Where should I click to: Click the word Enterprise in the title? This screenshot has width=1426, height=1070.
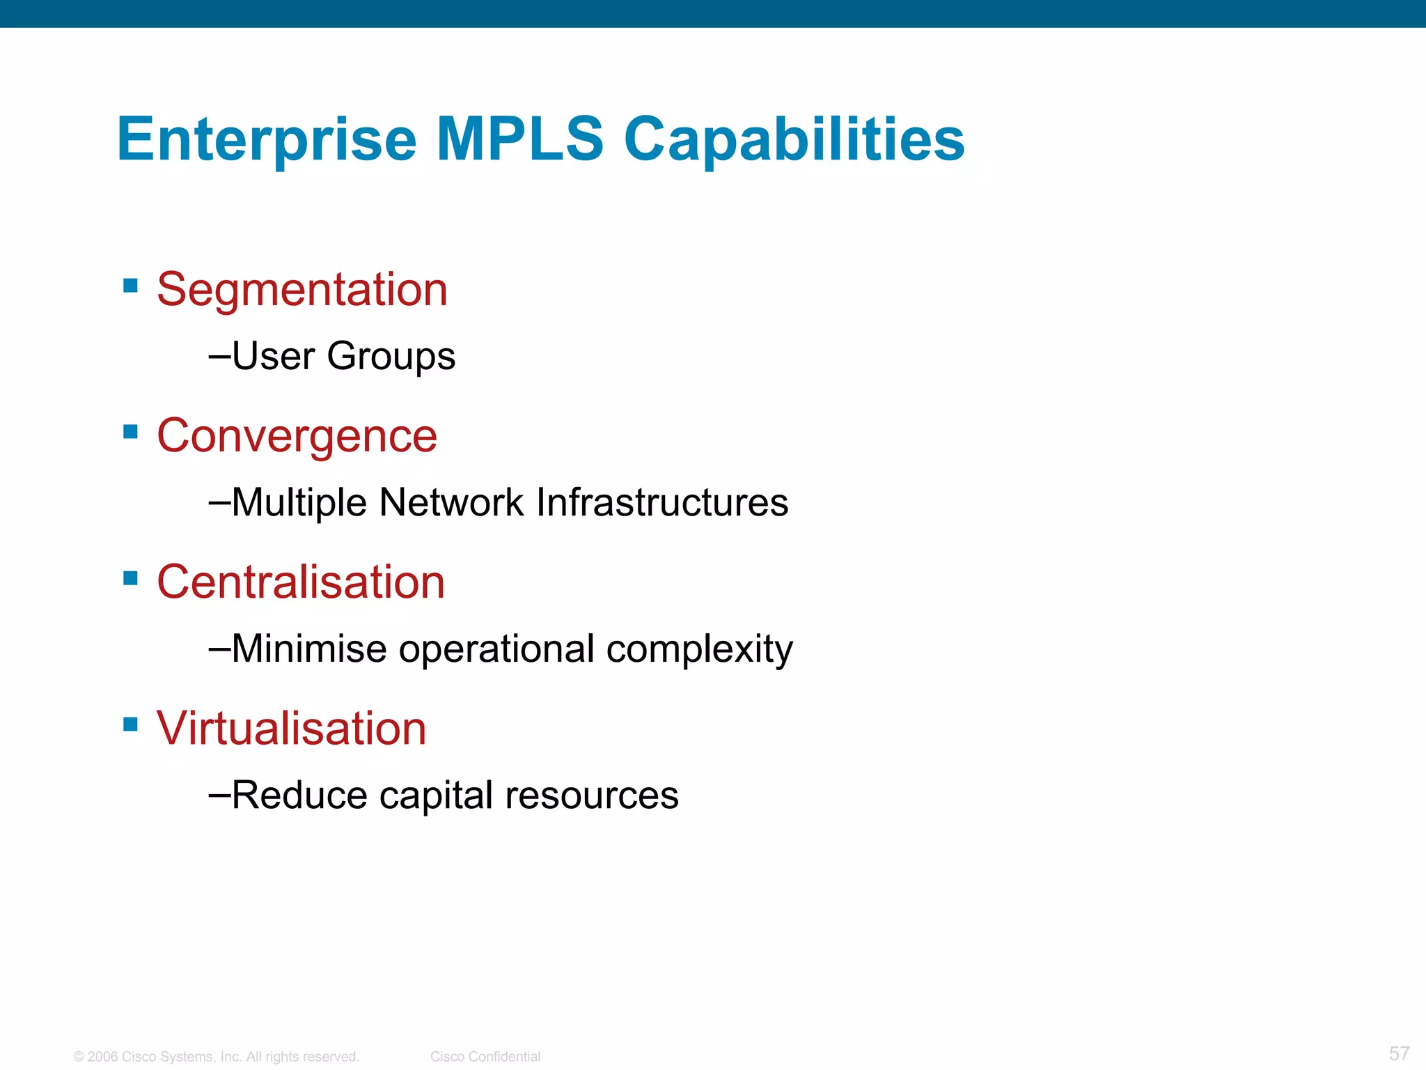pos(267,139)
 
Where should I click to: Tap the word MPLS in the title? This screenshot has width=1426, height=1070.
pos(519,139)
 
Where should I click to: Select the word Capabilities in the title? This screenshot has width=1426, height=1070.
pos(794,139)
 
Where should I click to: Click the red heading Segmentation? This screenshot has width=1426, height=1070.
pos(302,290)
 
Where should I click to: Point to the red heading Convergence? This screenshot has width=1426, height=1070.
pos(297,437)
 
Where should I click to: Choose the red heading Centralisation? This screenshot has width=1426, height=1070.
pos(301,582)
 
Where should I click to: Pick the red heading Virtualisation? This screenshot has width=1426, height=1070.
pos(291,729)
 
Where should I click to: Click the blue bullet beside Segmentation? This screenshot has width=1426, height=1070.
pos(130,286)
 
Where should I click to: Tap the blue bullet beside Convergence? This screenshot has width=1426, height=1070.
pos(130,432)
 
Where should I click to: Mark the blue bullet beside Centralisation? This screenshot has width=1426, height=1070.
pos(130,578)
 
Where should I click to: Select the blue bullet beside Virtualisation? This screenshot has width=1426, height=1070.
pos(130,724)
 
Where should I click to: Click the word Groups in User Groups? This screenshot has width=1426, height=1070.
pos(391,357)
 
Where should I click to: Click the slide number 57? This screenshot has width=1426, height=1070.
pos(1399,1053)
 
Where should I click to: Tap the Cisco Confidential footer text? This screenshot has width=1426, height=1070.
pos(485,1057)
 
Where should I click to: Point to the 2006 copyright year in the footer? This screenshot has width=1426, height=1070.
pos(102,1057)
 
